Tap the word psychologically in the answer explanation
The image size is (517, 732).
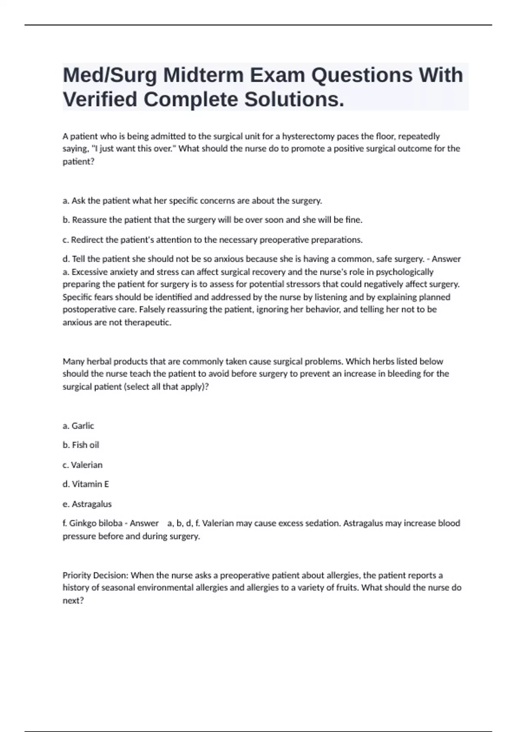click(x=405, y=272)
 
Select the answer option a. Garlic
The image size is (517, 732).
click(x=78, y=426)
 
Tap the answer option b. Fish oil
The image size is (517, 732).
click(x=81, y=445)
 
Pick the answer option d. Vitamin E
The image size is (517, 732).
click(x=85, y=484)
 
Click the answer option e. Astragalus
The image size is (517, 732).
click(x=87, y=504)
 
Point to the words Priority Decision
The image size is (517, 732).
click(x=95, y=576)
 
